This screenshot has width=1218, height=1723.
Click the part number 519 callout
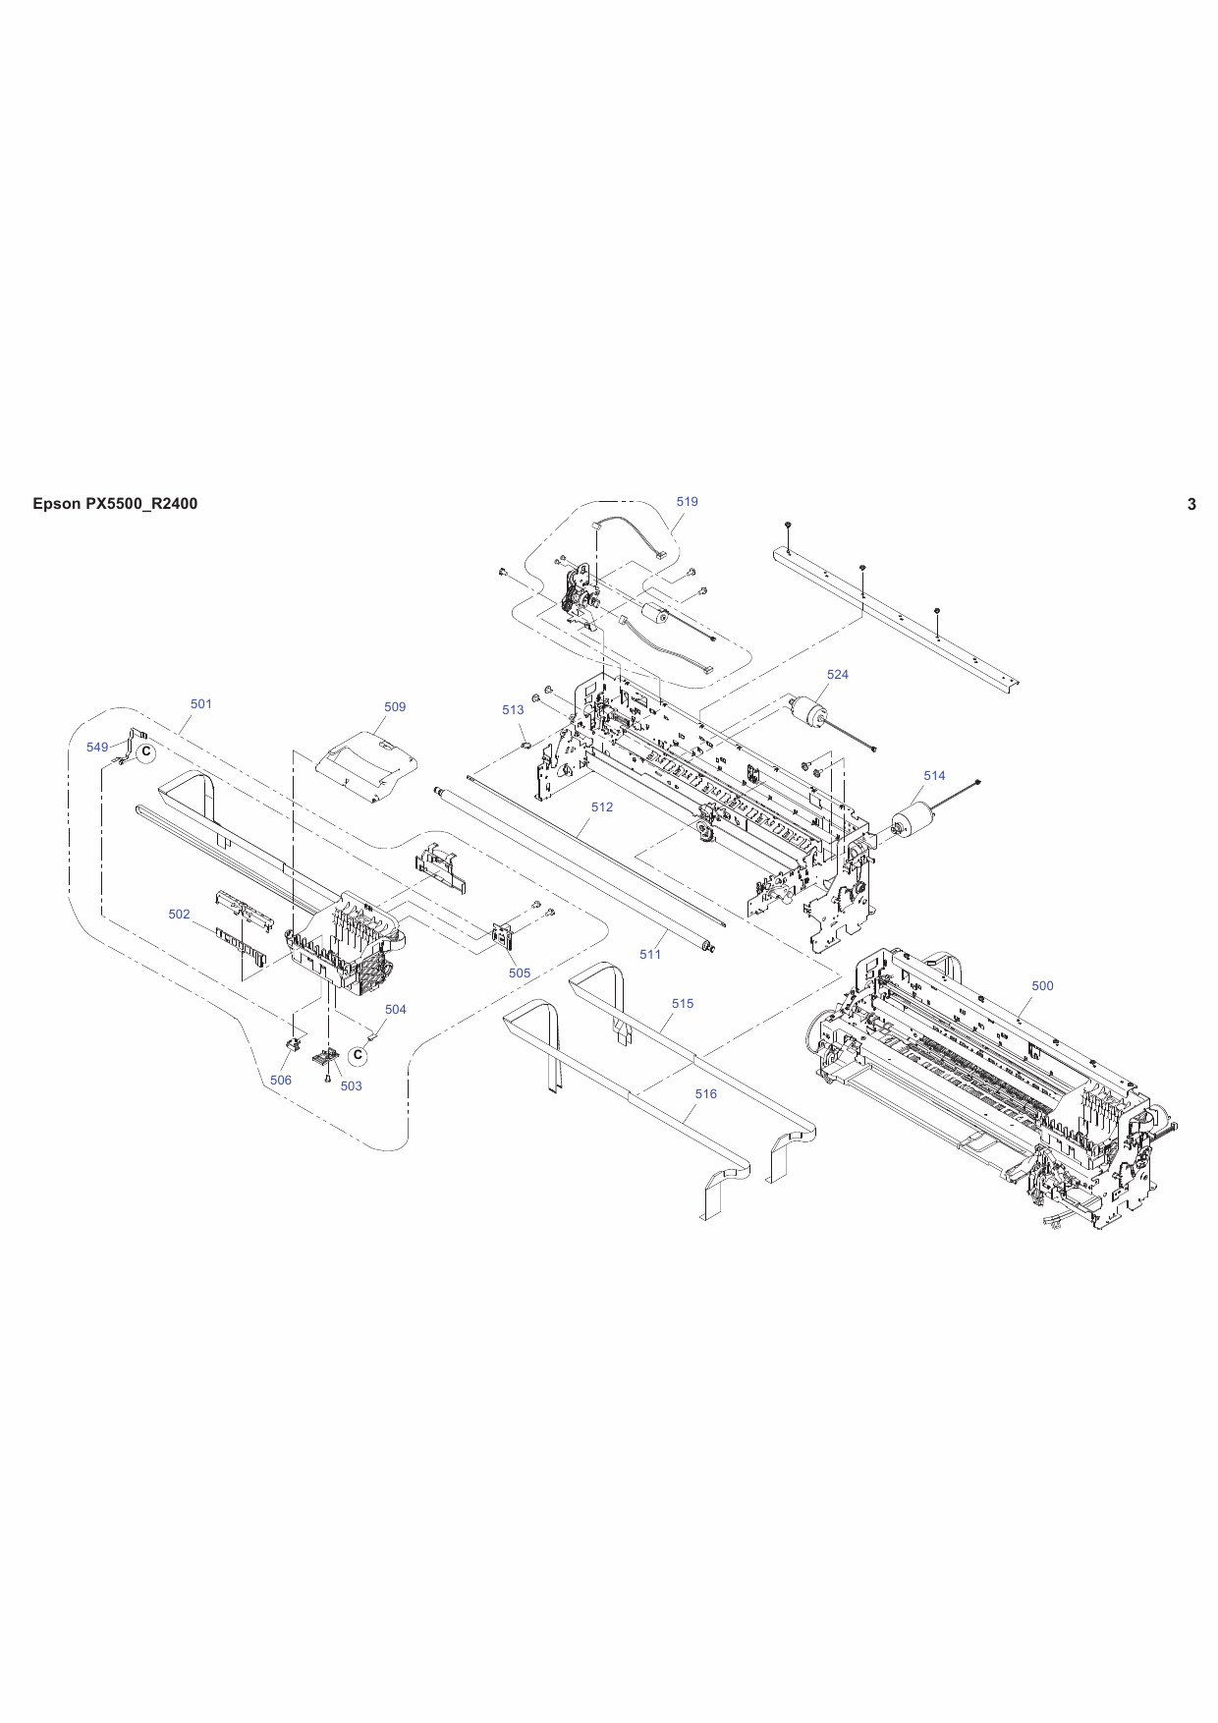click(687, 502)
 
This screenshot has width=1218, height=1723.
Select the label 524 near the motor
click(837, 675)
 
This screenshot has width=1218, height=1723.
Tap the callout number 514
click(934, 776)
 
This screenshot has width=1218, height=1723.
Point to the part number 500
click(1042, 986)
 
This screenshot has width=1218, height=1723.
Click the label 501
click(200, 704)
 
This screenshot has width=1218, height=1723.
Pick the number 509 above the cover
click(395, 707)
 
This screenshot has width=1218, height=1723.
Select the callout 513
click(513, 710)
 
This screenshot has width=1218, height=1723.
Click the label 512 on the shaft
click(602, 807)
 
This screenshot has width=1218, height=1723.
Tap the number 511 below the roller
click(650, 955)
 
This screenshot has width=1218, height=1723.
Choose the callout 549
click(97, 748)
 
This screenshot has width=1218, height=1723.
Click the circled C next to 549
click(146, 753)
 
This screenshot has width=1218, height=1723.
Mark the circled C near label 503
click(359, 1056)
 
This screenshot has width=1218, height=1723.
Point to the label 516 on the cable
click(705, 1094)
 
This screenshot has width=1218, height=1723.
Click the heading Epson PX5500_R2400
click(115, 504)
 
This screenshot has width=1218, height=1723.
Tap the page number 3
click(1191, 505)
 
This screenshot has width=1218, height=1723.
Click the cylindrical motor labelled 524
click(809, 713)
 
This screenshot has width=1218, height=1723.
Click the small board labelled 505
click(502, 936)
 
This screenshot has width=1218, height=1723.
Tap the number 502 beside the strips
click(179, 915)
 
